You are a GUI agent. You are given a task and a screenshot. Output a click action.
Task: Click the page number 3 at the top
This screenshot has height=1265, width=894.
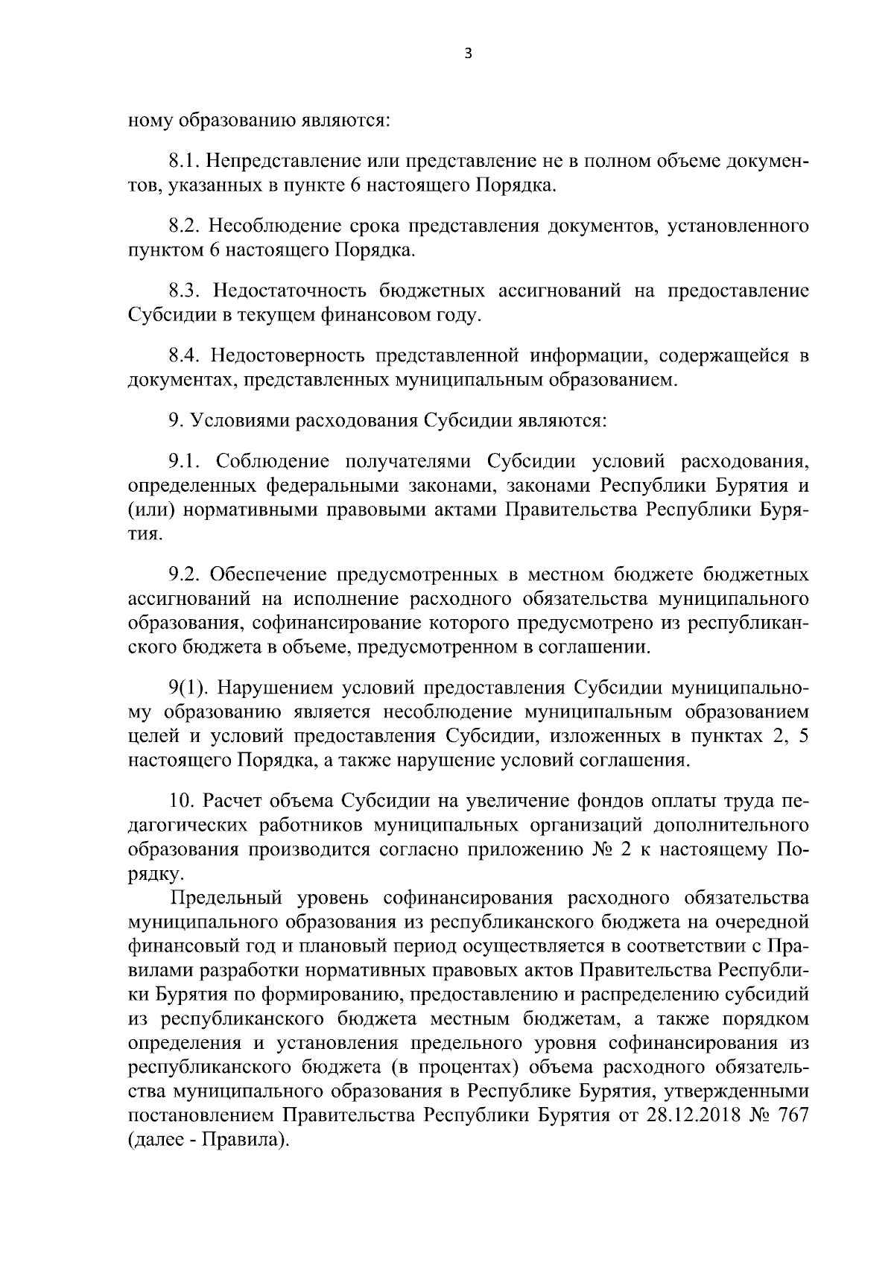coord(468,53)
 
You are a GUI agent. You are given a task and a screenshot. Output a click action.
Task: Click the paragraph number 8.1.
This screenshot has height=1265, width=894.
coord(183,161)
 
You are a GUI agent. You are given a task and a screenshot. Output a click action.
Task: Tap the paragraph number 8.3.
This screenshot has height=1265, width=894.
coord(185,291)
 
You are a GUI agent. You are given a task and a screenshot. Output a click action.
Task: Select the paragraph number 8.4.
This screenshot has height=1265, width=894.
coord(185,356)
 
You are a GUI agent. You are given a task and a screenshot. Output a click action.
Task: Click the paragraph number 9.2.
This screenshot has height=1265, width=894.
coord(183,575)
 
